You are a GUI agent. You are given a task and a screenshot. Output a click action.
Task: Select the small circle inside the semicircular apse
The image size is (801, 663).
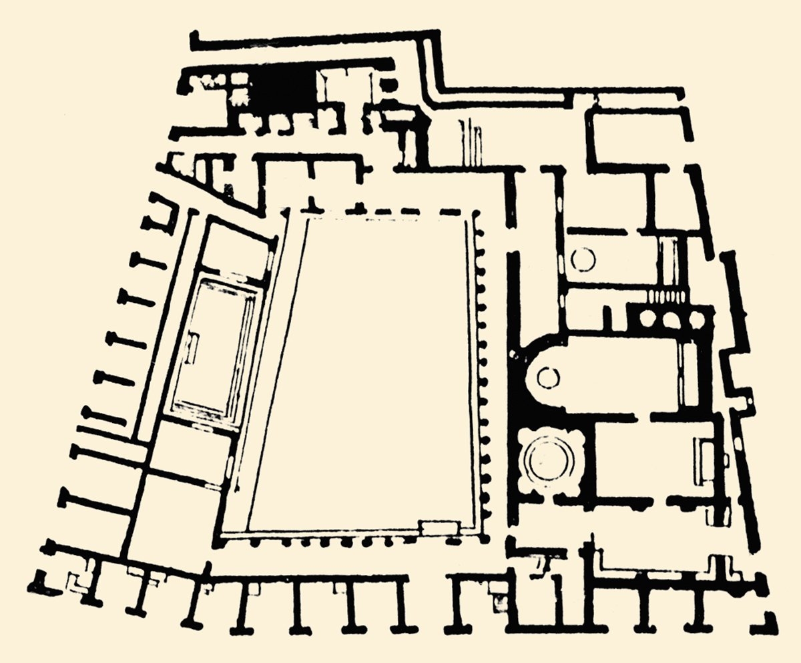click(547, 378)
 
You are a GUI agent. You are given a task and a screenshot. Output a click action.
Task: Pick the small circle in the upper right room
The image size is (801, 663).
click(583, 259)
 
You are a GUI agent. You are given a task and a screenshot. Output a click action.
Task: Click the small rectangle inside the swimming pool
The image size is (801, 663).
click(193, 347)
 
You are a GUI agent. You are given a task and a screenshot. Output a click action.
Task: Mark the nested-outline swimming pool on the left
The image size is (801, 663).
click(214, 354)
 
